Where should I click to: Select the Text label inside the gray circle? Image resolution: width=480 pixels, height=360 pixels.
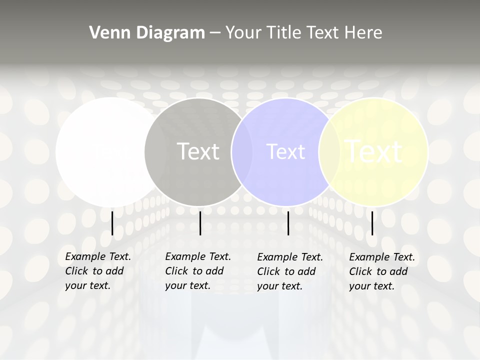[x=198, y=151]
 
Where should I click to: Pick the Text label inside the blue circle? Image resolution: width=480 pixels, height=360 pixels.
[x=285, y=151]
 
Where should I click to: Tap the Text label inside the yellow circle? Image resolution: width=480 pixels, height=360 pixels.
[x=374, y=151]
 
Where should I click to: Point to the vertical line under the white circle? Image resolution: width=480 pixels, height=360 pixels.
[x=112, y=223]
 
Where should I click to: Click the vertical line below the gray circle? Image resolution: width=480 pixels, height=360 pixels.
[x=200, y=223]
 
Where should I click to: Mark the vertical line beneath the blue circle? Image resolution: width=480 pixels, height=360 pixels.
[x=288, y=223]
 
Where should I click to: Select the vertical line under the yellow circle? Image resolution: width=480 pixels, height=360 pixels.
[x=372, y=223]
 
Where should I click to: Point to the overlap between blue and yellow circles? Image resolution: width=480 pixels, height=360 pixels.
[x=327, y=152]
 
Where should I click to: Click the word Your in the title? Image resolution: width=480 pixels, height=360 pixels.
[x=243, y=32]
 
